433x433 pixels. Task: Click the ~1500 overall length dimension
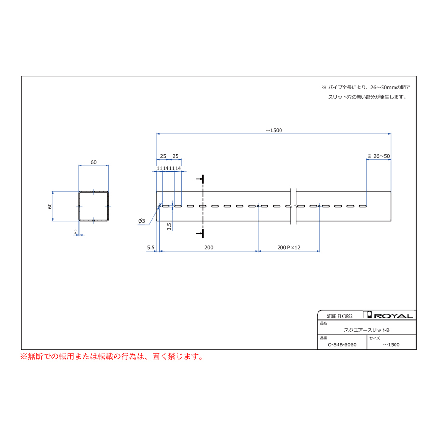pos(274,130)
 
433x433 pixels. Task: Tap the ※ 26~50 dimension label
pos(378,156)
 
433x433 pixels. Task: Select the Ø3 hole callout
pos(141,221)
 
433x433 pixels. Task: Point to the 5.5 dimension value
pos(151,247)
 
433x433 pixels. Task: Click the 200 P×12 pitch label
pos(289,247)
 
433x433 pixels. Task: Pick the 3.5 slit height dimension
pos(169,227)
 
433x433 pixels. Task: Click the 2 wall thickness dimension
pos(76,232)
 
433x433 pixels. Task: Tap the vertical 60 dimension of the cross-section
pos(50,206)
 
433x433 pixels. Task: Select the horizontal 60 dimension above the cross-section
pos(94,162)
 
